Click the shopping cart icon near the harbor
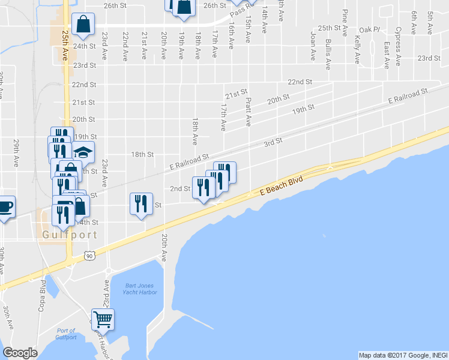click(103, 320)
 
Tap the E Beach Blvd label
click(279, 185)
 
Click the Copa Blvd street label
click(43, 291)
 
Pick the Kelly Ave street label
click(357, 49)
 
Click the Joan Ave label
click(313, 47)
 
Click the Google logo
click(20, 352)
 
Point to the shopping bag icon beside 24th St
click(83, 25)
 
